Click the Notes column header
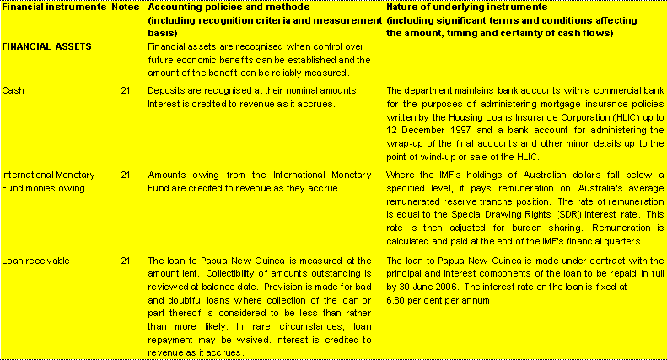(126, 7)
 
